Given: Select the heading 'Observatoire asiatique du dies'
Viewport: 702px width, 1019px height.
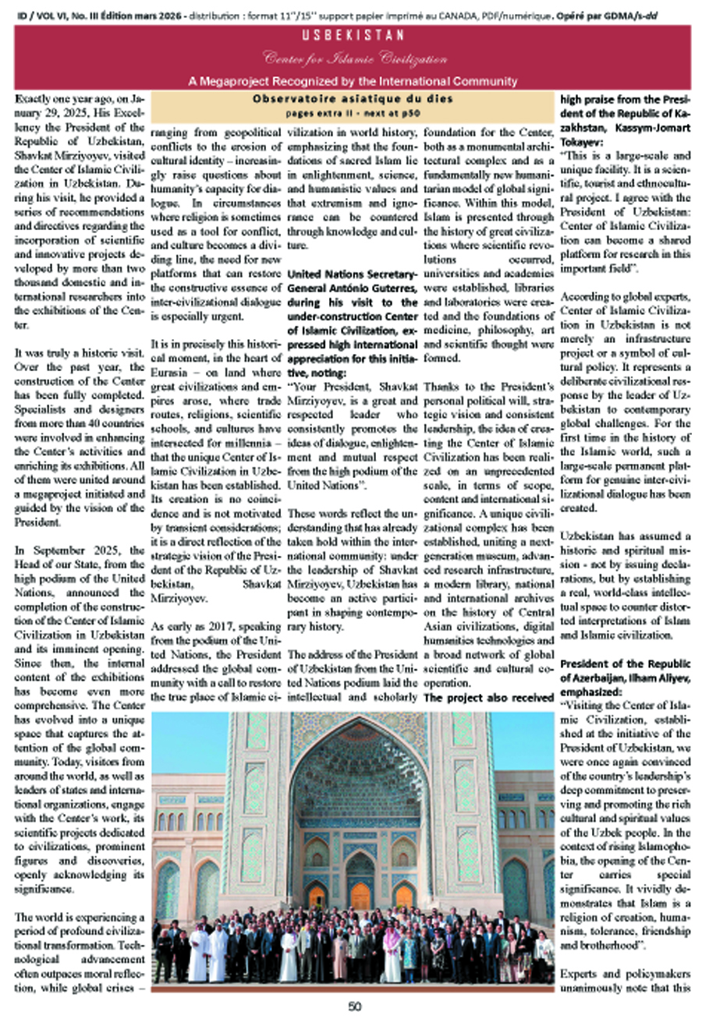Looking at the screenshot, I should pos(353,99).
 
